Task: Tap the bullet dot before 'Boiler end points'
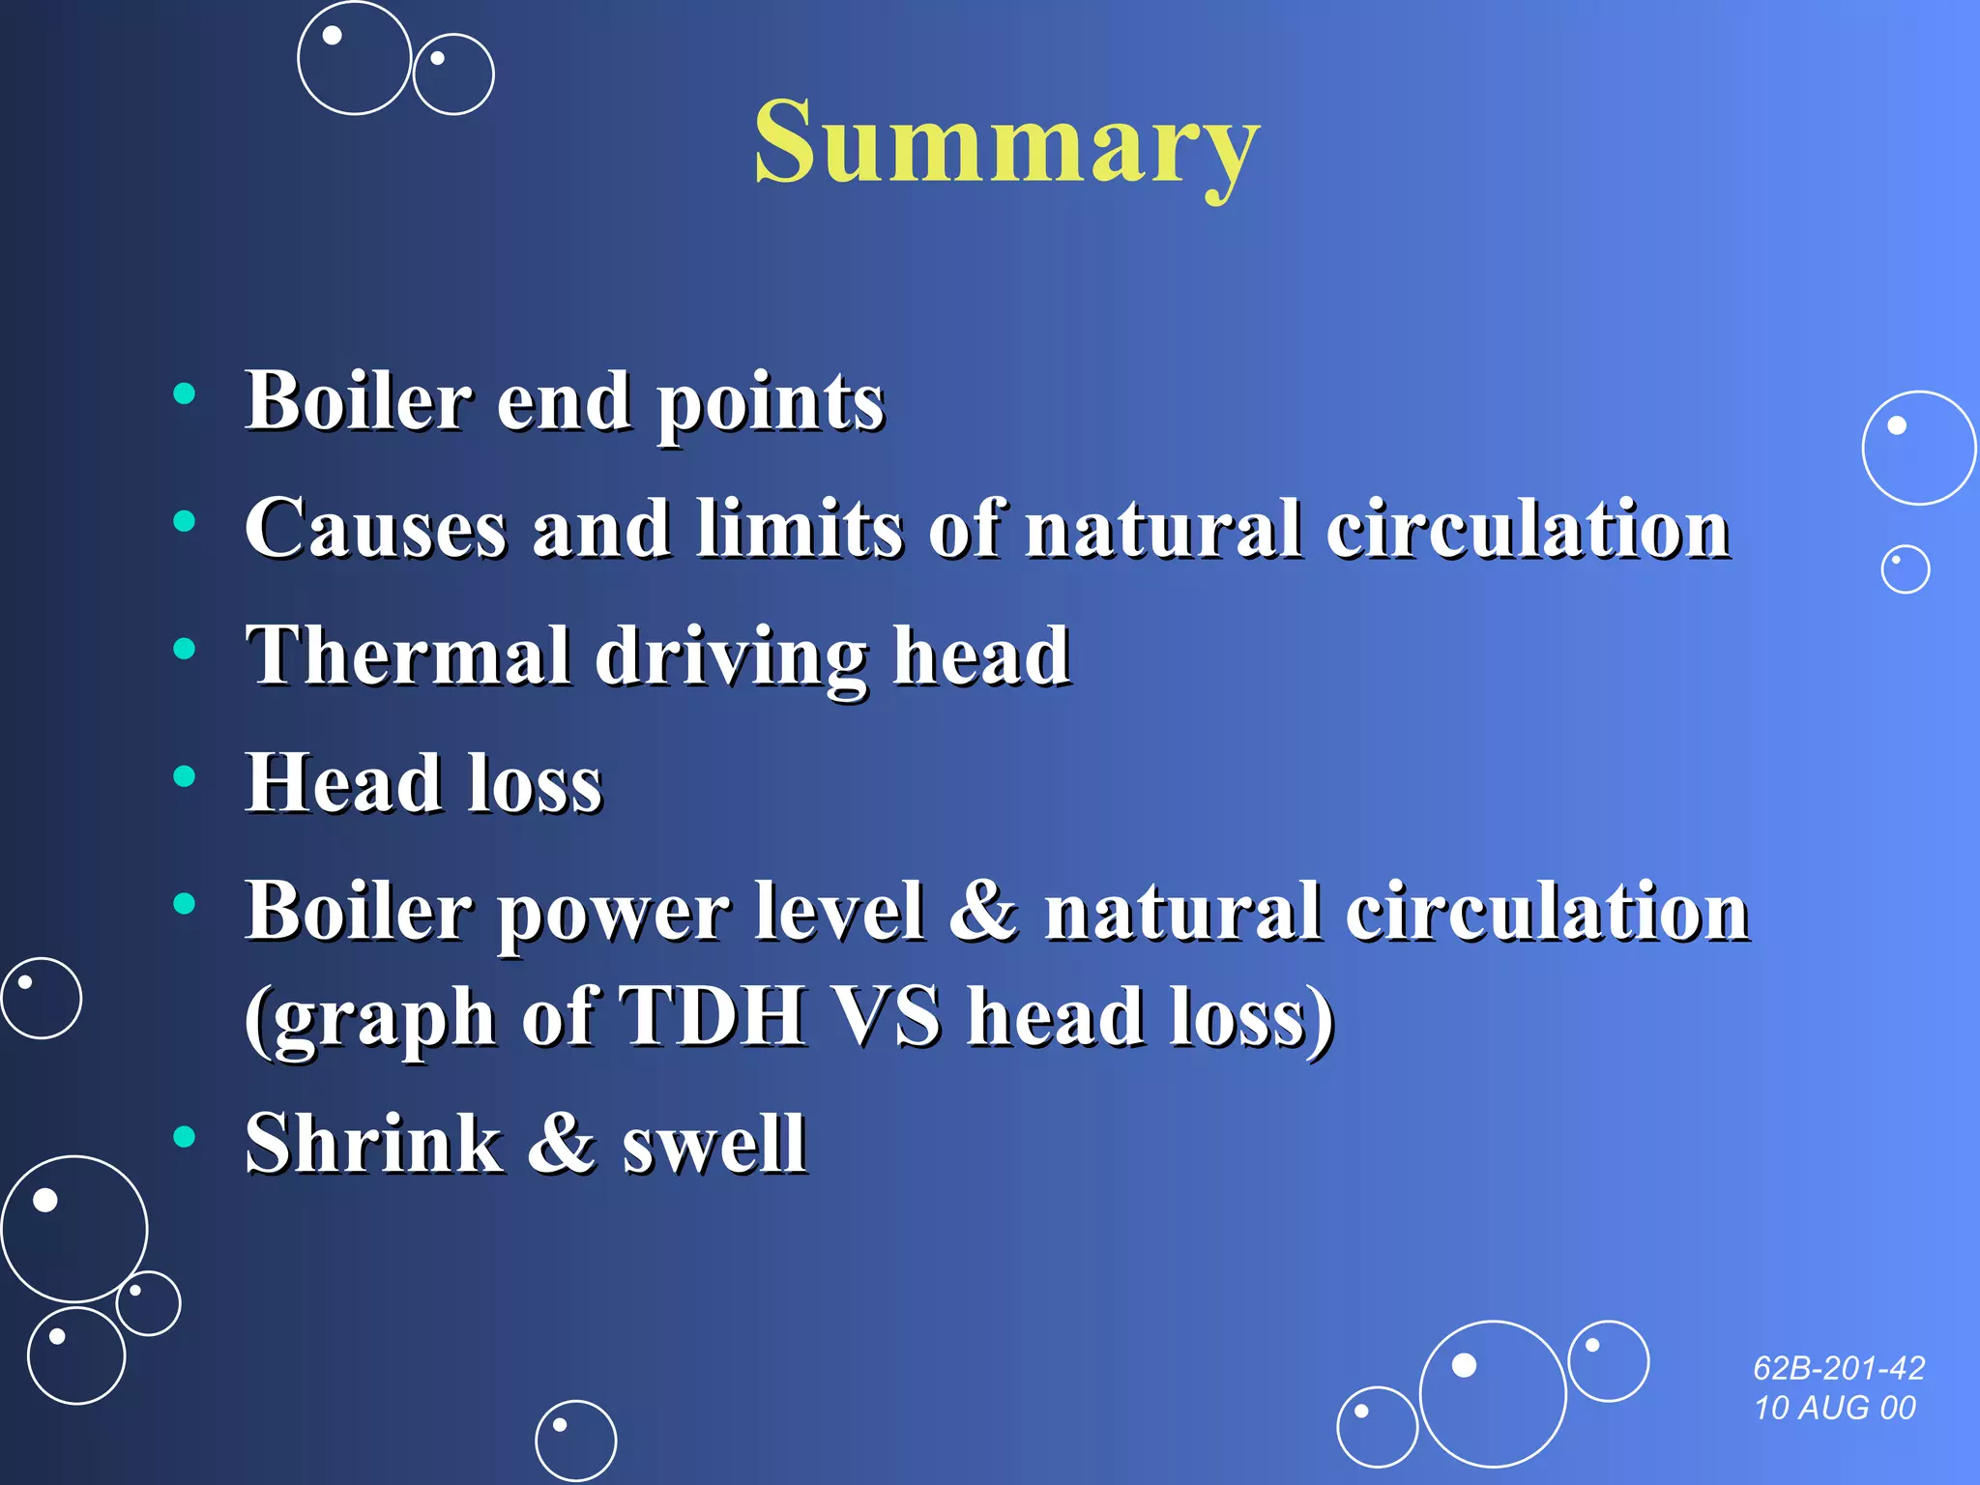tap(184, 393)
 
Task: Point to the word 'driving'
tap(731, 658)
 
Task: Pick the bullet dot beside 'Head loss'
tap(184, 775)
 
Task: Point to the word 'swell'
tap(714, 1143)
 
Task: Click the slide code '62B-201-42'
tap(1839, 1368)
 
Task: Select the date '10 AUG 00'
tap(1835, 1408)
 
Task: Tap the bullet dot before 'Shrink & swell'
tap(184, 1136)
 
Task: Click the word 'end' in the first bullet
tap(564, 400)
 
